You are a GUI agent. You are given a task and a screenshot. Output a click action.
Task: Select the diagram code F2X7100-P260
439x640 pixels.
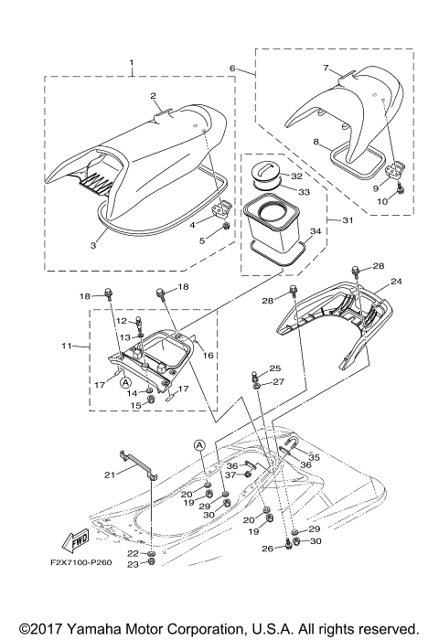pos(80,562)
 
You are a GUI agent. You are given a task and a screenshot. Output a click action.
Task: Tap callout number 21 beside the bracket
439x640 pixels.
pos(110,474)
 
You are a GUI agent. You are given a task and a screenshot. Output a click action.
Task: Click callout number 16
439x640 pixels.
pos(208,354)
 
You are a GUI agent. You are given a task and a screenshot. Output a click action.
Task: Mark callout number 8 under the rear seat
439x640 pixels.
pos(316,143)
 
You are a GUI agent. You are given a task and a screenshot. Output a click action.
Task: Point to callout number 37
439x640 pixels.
pos(230,475)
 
